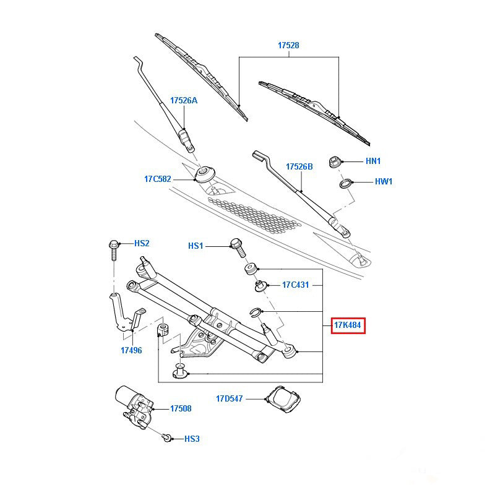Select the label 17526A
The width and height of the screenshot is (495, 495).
[x=184, y=100]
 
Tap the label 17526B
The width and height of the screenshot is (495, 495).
[x=299, y=166]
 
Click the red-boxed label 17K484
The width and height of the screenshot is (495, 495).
[x=348, y=325]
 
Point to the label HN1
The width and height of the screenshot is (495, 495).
[x=373, y=161]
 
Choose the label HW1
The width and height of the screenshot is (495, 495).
[x=384, y=182]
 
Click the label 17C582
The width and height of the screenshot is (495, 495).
[x=157, y=179]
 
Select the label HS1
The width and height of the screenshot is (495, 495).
[x=196, y=246]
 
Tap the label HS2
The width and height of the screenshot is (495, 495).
[x=142, y=243]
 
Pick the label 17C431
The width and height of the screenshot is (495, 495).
[x=296, y=285]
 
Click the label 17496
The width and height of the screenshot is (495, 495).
[x=131, y=350]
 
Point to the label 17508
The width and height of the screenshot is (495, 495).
[x=180, y=408]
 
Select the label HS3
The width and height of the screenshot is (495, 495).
[x=192, y=439]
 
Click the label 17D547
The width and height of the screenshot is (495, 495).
[x=230, y=399]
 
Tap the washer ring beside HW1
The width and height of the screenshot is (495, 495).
[x=346, y=183]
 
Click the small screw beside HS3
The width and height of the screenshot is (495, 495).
[x=166, y=438]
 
